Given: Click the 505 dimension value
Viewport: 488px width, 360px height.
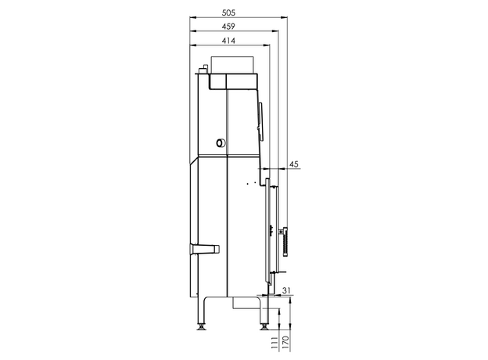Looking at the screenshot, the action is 228,13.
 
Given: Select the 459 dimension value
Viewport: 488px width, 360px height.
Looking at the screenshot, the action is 228,27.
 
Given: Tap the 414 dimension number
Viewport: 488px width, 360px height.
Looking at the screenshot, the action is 228,41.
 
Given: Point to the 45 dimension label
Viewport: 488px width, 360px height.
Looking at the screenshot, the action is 294,164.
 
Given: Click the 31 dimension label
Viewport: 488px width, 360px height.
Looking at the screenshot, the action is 287,290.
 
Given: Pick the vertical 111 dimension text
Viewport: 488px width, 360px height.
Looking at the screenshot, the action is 274,343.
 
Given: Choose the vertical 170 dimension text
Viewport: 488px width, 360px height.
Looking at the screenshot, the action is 285,343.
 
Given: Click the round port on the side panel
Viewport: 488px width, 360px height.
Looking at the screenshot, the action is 221,143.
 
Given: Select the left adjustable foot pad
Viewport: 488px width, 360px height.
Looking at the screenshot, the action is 202,327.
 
